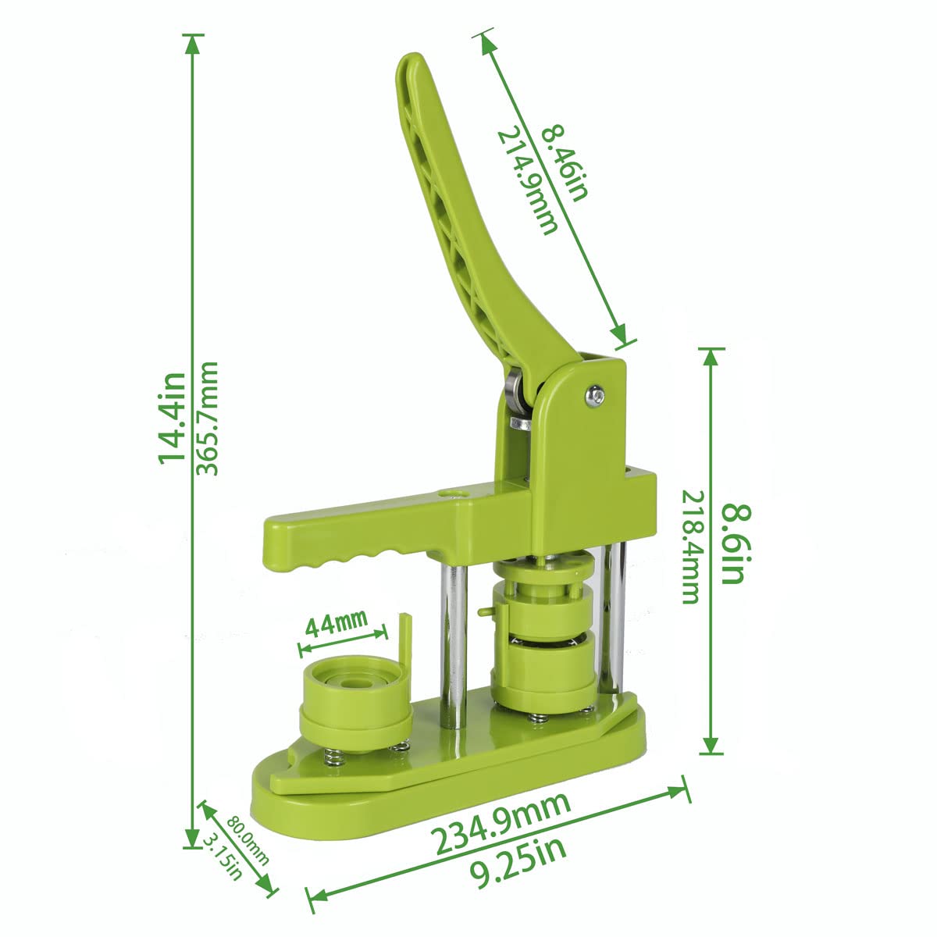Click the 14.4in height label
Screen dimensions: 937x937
click(172, 418)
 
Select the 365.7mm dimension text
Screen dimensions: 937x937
click(206, 419)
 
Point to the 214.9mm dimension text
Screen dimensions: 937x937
click(526, 181)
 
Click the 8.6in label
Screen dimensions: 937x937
click(736, 543)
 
